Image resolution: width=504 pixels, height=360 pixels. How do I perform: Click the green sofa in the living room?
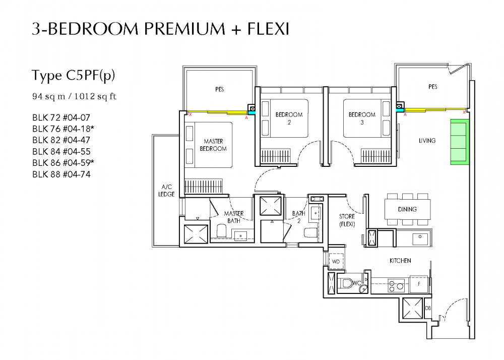pyautogui.click(x=459, y=142)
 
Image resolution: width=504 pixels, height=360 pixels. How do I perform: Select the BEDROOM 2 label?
pyautogui.click(x=289, y=118)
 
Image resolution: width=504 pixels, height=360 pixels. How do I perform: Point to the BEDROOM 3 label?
pyautogui.click(x=362, y=118)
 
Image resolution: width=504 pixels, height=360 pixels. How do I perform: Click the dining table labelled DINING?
pyautogui.click(x=407, y=208)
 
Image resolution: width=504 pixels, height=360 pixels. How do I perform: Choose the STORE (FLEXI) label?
pyautogui.click(x=347, y=220)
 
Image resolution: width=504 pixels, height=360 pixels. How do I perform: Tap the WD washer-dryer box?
pyautogui.click(x=336, y=262)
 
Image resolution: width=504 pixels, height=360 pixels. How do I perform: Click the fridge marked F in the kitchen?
pyautogui.click(x=418, y=284)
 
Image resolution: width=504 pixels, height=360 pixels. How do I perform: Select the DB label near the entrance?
pyautogui.click(x=428, y=308)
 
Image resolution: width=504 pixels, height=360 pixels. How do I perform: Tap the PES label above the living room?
pyautogui.click(x=432, y=87)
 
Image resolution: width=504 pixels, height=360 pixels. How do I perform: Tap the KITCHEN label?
pyautogui.click(x=400, y=261)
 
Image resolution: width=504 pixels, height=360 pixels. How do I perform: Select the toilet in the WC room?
pyautogui.click(x=348, y=284)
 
